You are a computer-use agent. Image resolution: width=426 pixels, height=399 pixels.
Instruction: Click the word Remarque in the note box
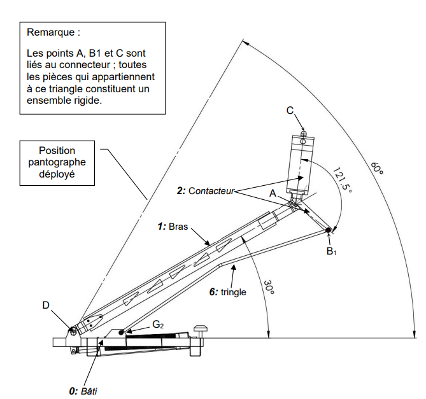(x=53, y=31)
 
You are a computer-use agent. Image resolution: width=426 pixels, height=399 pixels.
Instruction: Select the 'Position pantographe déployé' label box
(x=57, y=162)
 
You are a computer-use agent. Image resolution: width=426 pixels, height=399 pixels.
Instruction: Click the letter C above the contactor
(x=290, y=111)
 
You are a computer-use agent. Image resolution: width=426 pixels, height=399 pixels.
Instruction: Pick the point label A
(x=273, y=192)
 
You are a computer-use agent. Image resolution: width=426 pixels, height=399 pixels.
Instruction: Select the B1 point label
(x=331, y=252)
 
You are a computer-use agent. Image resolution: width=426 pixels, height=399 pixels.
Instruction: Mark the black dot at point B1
(x=329, y=230)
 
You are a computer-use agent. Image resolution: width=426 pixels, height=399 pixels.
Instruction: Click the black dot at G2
(x=122, y=332)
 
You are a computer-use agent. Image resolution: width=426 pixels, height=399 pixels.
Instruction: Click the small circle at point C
(x=304, y=133)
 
